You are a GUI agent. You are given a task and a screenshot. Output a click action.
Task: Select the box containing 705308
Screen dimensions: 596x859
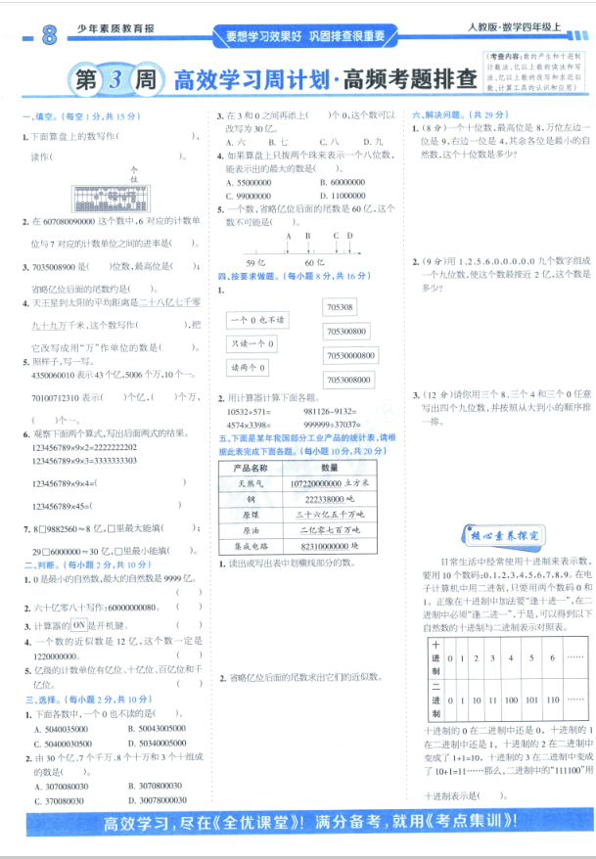coord(342,307)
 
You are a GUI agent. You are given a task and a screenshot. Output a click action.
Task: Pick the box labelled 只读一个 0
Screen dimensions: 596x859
coord(252,343)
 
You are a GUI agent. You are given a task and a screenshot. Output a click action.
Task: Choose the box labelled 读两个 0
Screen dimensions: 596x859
coord(249,367)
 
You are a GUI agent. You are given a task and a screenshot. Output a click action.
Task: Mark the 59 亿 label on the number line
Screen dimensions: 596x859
coord(255,264)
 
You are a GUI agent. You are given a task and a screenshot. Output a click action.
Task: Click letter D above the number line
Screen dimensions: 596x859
coord(349,235)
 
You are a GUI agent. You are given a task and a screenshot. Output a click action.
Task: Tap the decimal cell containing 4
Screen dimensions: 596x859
coord(509,656)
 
